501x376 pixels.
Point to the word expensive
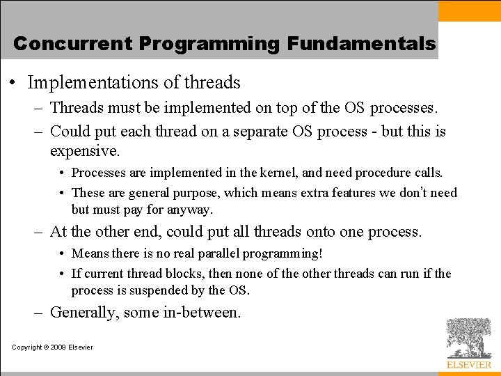tap(85, 150)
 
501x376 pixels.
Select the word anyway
tap(193, 209)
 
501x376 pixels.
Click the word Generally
tap(83, 313)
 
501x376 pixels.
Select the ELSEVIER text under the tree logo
tap(468, 364)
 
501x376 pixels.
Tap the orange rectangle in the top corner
tap(470, 10)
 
